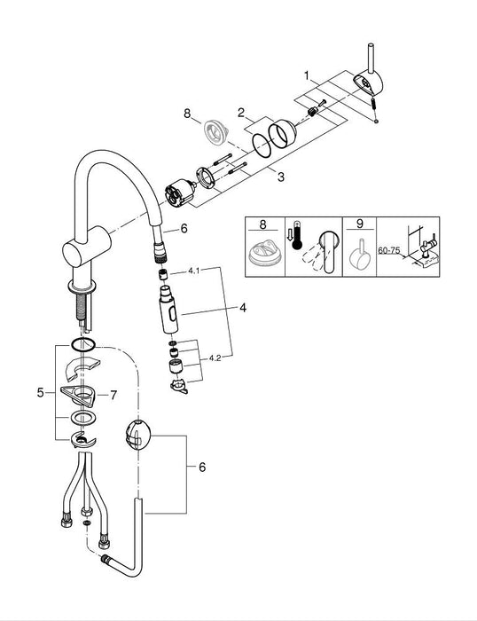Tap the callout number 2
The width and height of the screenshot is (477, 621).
[239, 114]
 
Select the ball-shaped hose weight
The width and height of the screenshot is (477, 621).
[139, 435]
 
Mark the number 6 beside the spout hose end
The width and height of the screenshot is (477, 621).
[184, 228]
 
